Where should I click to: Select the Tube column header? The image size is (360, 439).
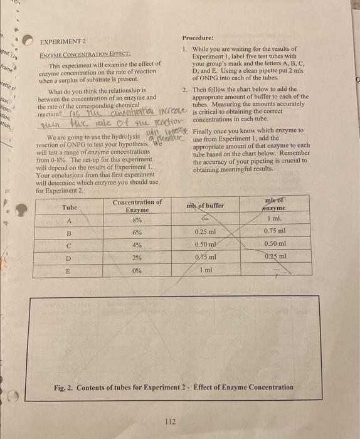coord(70,208)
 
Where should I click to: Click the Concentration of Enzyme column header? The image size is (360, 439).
coord(137,206)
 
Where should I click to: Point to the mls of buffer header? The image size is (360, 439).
coord(204,206)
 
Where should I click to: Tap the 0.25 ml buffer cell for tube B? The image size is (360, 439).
coord(205,232)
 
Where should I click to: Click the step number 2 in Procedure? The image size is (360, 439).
coord(185,90)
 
